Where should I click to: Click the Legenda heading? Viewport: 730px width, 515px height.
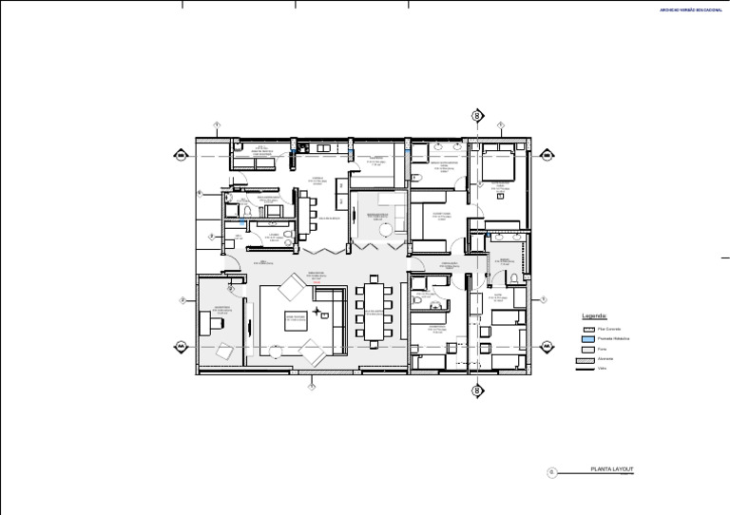coord(595,315)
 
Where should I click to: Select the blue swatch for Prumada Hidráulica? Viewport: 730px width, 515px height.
coord(588,338)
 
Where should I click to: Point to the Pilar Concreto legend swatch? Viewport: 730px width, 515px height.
coord(588,328)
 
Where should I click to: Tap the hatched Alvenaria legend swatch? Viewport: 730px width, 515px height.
coord(588,359)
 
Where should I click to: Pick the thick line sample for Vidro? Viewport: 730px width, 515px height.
coord(588,370)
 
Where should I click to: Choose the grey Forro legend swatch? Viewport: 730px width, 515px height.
coord(588,349)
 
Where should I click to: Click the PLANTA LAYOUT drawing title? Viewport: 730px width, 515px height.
coord(612,469)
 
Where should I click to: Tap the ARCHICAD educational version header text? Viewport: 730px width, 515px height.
coord(691,10)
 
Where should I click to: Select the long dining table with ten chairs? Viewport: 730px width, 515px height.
coord(376,310)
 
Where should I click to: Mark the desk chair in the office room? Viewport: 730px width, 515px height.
coord(218,323)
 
